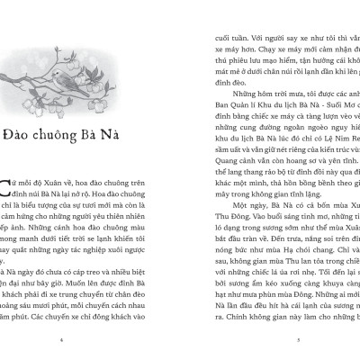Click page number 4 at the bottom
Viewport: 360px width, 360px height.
pyautogui.click(x=59, y=339)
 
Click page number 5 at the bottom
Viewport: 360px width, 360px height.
pyautogui.click(x=298, y=339)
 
